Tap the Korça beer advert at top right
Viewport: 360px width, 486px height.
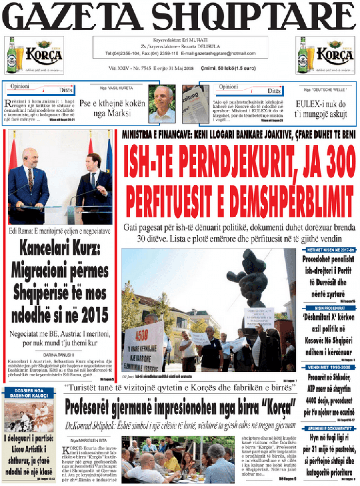pos(325,55)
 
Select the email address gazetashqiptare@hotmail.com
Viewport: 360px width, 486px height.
pos(228,54)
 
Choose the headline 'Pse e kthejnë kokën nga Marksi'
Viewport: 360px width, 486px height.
pos(112,108)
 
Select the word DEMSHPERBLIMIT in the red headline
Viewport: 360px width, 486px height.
pos(280,197)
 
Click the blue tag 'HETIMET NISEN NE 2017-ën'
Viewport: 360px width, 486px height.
pos(329,250)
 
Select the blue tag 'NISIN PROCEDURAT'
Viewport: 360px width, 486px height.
pos(329,308)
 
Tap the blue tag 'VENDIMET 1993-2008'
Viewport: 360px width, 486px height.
pos(329,367)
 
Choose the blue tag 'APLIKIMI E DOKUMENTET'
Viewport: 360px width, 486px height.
pos(329,428)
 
